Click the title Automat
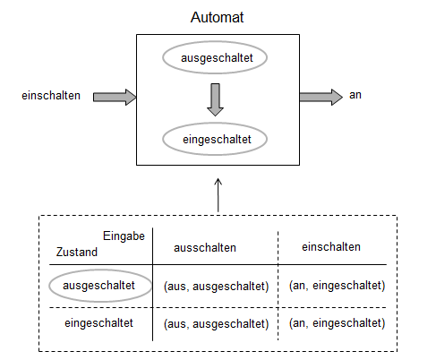[x=218, y=18]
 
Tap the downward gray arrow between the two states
[x=215, y=99]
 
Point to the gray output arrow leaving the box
[x=321, y=96]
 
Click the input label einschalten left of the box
[x=51, y=96]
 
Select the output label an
[x=355, y=96]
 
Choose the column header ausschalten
[x=204, y=247]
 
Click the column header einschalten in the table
[x=331, y=246]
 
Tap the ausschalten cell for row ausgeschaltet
[x=216, y=286]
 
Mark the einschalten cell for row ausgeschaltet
[x=337, y=286]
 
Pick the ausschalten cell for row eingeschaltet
[x=216, y=322]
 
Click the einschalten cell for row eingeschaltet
[x=337, y=322]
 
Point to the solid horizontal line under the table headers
[x=269, y=265]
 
